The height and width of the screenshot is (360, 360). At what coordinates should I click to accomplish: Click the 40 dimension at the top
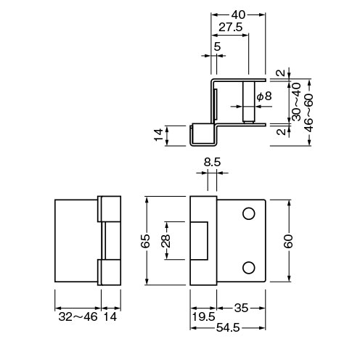[238, 15]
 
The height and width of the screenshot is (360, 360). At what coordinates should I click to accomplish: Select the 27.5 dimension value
[231, 28]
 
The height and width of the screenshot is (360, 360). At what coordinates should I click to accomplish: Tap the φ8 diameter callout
[264, 97]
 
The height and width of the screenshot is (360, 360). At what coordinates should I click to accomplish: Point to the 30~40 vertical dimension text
[296, 102]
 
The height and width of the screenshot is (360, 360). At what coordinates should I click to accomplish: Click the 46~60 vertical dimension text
[308, 113]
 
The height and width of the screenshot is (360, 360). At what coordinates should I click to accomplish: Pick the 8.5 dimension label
[212, 162]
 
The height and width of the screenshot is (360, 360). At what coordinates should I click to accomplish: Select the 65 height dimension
[145, 241]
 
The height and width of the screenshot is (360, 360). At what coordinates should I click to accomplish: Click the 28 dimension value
[165, 241]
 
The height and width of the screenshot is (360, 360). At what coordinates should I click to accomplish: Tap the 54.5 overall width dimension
[228, 328]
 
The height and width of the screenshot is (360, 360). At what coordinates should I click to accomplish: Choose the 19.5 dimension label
[203, 317]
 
